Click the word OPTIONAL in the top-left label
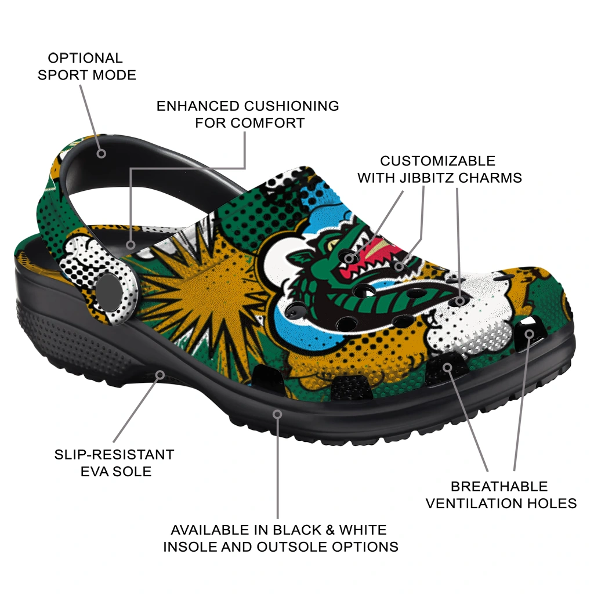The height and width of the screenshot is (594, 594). coord(85,58)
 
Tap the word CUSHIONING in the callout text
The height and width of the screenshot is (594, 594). coord(291,106)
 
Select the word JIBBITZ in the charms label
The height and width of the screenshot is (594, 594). coord(428,178)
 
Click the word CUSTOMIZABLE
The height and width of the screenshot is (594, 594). coord(437,161)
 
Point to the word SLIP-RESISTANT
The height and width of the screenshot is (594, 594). coord(114,454)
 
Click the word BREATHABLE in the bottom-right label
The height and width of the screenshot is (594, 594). coord(499,486)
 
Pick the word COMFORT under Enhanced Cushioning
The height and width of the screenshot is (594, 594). coord(267,123)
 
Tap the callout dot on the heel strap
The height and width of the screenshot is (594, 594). coord(101,153)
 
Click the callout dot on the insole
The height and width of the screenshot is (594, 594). coord(131,245)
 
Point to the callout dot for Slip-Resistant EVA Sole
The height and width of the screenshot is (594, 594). coord(160,375)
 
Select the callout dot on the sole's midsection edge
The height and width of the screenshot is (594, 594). coord(277,414)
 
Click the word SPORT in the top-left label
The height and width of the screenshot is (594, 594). coord(63,75)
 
